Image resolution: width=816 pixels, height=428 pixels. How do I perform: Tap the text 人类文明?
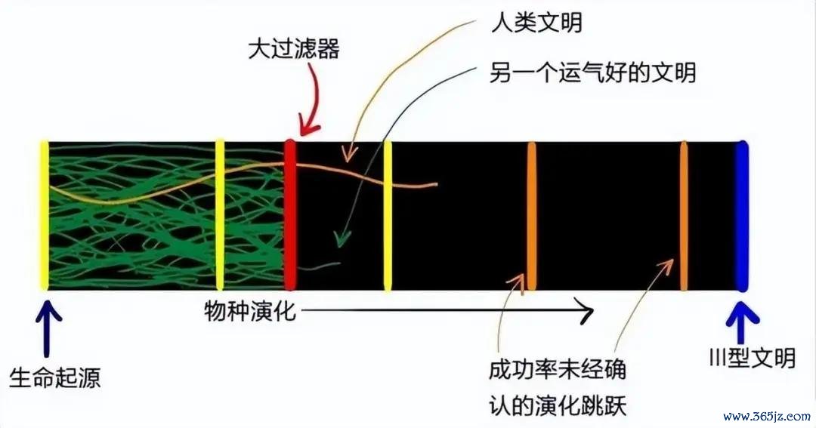pyautogui.click(x=537, y=23)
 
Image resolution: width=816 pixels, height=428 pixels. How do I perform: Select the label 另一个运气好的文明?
pyautogui.click(x=592, y=72)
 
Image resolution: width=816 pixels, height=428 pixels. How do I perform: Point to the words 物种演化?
pyautogui.click(x=250, y=311)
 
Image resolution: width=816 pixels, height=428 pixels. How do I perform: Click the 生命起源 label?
pyautogui.click(x=54, y=377)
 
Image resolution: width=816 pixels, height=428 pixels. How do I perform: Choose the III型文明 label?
pyautogui.click(x=753, y=357)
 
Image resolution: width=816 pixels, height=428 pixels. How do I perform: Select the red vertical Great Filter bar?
pyautogui.click(x=290, y=215)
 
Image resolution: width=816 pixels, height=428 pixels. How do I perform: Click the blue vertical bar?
pyautogui.click(x=742, y=216)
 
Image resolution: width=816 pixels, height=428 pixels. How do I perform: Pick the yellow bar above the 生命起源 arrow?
pyautogui.click(x=45, y=215)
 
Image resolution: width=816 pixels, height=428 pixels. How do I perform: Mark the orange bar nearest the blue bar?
pyautogui.click(x=683, y=216)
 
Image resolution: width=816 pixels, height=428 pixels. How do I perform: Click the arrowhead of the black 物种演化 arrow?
pyautogui.click(x=587, y=312)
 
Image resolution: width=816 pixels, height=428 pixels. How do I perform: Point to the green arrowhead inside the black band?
pyautogui.click(x=342, y=240)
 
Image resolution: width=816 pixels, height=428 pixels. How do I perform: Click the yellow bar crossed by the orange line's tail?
pyautogui.click(x=387, y=216)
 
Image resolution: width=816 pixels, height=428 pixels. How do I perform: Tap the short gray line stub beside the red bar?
pyautogui.click(x=319, y=266)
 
